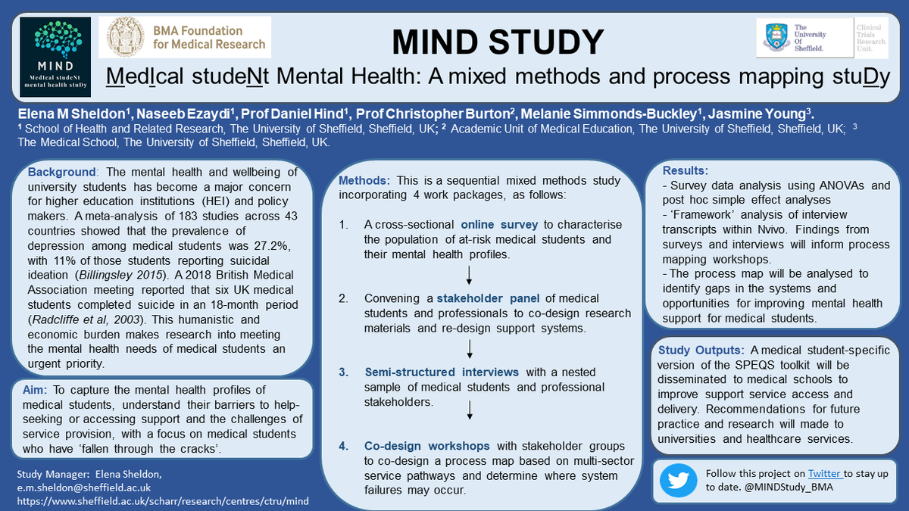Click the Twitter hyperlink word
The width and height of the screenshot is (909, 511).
click(824, 474)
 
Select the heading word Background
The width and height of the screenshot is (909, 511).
click(61, 173)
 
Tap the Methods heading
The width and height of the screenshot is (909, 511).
click(364, 181)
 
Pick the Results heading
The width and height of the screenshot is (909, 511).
click(686, 170)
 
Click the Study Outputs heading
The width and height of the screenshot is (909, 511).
click(701, 350)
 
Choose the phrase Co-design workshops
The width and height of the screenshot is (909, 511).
click(427, 446)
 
